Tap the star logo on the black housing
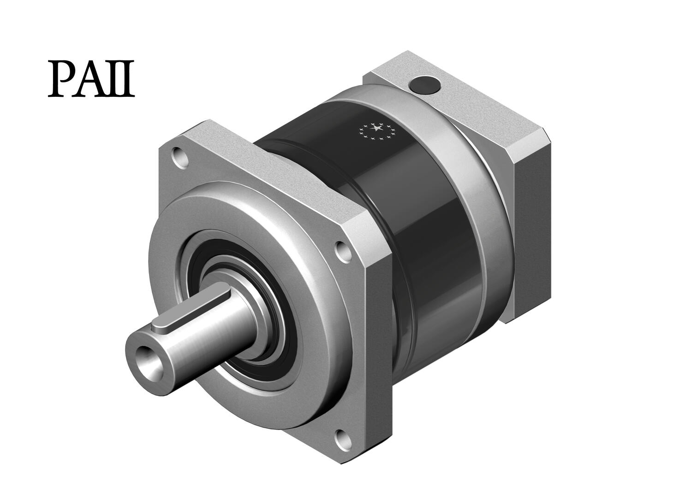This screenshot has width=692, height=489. tap(377, 131)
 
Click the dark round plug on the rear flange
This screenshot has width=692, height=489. tap(423, 86)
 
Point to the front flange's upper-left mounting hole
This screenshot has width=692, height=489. tap(179, 156)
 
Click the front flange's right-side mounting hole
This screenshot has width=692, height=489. tap(343, 249)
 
